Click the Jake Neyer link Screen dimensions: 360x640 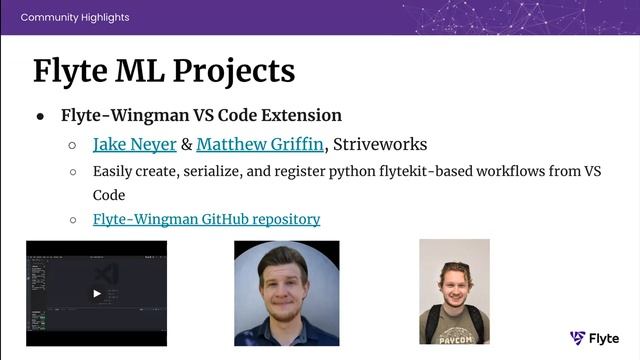coord(134,144)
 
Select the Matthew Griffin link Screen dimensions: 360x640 coord(260,144)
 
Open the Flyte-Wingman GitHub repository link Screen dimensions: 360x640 coord(206,218)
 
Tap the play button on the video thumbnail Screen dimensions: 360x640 coord(96,294)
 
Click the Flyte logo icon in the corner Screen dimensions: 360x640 coord(578,338)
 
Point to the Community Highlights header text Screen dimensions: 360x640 coord(74,17)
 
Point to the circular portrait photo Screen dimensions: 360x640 coord(287,293)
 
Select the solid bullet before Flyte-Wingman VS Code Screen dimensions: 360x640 coord(41,116)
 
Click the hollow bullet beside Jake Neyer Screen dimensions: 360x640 coord(73,145)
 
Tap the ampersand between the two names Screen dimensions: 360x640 coord(186,144)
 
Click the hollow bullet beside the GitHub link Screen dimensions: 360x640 coord(73,219)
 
